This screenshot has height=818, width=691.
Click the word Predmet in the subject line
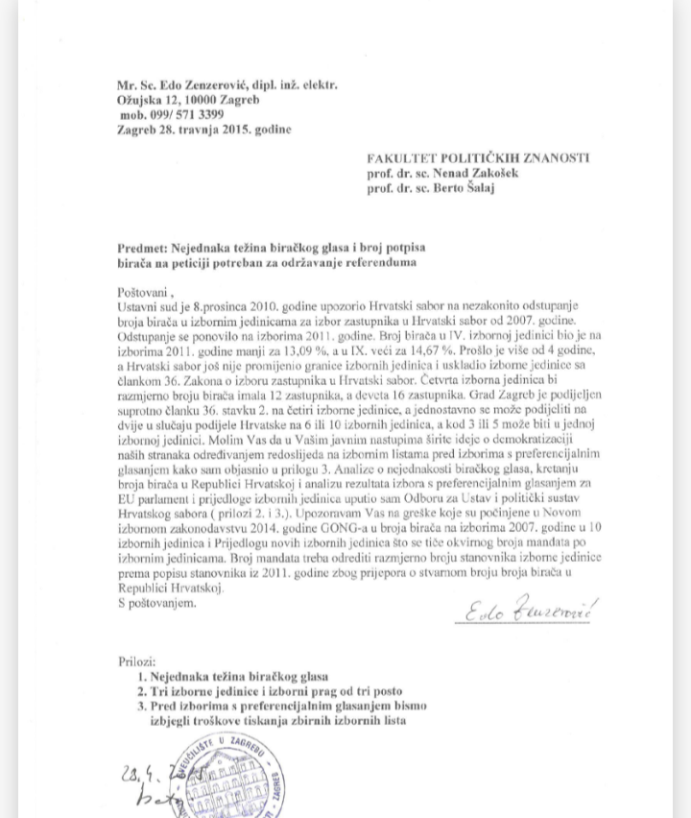coord(142,248)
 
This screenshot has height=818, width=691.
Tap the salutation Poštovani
coord(147,291)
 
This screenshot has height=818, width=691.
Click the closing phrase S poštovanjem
coord(156,603)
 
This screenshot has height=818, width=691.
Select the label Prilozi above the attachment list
coord(132,662)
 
